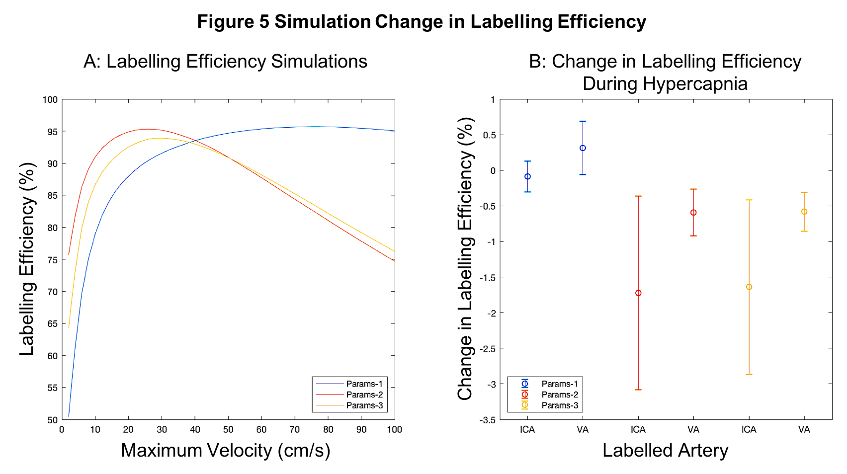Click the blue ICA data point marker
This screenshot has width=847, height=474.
coord(527,176)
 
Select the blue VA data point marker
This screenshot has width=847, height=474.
coord(583,148)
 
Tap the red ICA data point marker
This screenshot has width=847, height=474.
coord(638,293)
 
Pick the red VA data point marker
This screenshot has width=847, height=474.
coord(693,213)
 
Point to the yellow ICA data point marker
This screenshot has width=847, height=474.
coord(749,287)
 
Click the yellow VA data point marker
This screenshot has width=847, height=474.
coord(804,212)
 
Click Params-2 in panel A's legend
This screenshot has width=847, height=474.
coord(364,395)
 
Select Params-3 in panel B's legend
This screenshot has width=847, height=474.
coord(560,405)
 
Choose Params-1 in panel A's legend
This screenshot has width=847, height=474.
coord(364,384)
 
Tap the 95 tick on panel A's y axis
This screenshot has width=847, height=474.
coord(52,132)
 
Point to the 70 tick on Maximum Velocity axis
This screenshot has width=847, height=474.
coord(295,429)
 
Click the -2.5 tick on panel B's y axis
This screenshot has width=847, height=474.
coord(488,349)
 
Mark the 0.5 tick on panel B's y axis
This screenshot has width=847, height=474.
coord(490,135)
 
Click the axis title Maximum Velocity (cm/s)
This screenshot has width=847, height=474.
coord(226,450)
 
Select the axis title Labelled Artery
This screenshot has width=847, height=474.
coord(665,450)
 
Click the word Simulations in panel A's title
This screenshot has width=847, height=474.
coord(319,62)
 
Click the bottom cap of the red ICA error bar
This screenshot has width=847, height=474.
coord(638,390)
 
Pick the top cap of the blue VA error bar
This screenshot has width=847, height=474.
coord(583,121)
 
